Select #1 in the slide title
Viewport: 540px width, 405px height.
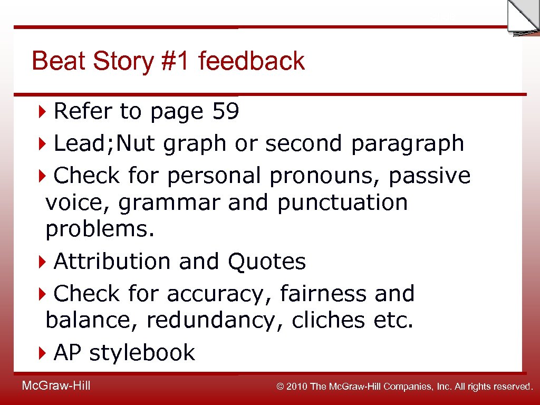click(174, 61)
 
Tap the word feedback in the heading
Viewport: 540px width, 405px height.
click(252, 61)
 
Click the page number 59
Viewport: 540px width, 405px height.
click(225, 111)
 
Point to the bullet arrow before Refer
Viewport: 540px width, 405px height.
click(43, 112)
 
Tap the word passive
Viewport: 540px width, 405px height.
click(429, 176)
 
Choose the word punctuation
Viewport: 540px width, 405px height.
click(343, 203)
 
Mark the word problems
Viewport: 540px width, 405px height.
click(100, 230)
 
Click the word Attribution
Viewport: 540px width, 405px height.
click(112, 262)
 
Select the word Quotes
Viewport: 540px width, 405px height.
click(266, 262)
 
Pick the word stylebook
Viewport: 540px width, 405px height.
click(142, 353)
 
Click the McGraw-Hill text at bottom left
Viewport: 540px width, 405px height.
click(56, 386)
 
